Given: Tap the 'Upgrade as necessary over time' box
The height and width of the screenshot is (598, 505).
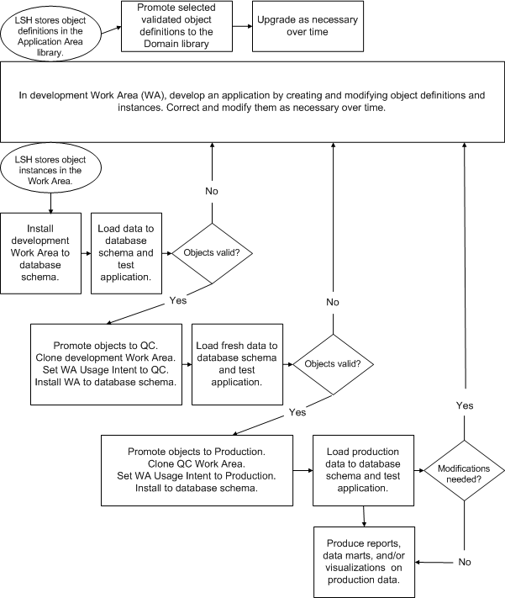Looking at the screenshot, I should tap(292, 25).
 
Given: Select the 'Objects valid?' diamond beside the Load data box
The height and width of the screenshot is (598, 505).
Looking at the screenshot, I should tap(211, 252).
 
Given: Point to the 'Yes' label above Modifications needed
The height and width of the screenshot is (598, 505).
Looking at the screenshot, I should tap(464, 405).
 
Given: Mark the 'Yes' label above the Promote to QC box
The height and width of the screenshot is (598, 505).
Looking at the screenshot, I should tap(179, 299).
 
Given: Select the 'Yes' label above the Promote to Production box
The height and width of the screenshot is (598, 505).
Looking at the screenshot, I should tap(297, 412).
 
